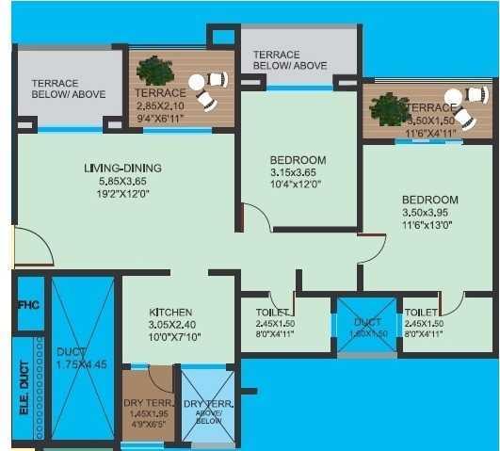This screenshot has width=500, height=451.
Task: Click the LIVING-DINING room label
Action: point(122,169)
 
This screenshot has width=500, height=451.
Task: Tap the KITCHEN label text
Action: point(170,313)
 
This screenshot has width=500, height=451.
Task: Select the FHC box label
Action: point(28,305)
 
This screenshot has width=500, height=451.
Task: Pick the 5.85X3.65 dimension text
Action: point(122,181)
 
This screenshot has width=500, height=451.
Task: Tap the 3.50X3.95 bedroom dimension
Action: point(429,213)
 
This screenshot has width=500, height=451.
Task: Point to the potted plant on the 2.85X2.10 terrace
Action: point(151,71)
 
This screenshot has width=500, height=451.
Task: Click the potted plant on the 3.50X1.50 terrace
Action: point(389,108)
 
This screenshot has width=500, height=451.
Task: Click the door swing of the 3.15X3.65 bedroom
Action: point(255,217)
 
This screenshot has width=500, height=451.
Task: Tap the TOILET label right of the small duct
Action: point(420,312)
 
